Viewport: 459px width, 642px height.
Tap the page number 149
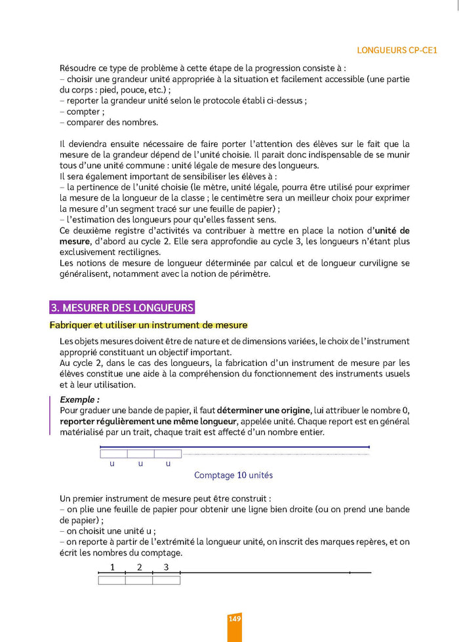coord(235,618)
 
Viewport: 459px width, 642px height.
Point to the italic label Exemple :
coord(80,399)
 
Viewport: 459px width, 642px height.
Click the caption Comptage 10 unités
coord(233,475)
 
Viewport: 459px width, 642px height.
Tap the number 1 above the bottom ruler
coord(112,567)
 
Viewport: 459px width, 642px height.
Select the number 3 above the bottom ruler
coord(166,567)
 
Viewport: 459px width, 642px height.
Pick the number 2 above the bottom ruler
coord(139,567)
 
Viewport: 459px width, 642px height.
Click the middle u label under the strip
coord(140,463)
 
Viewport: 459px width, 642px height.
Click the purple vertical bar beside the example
coord(50,415)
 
